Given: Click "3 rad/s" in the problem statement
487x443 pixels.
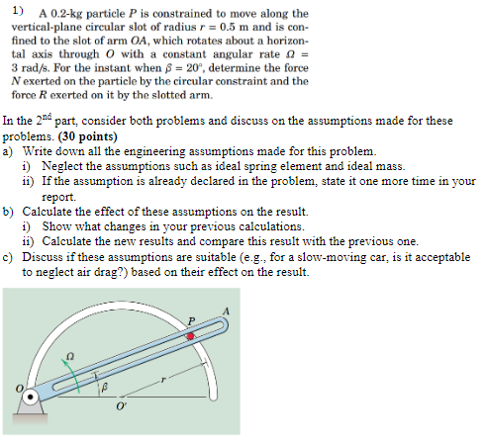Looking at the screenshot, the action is point(31,71).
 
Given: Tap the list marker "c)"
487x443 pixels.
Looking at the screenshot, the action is point(9,257).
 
